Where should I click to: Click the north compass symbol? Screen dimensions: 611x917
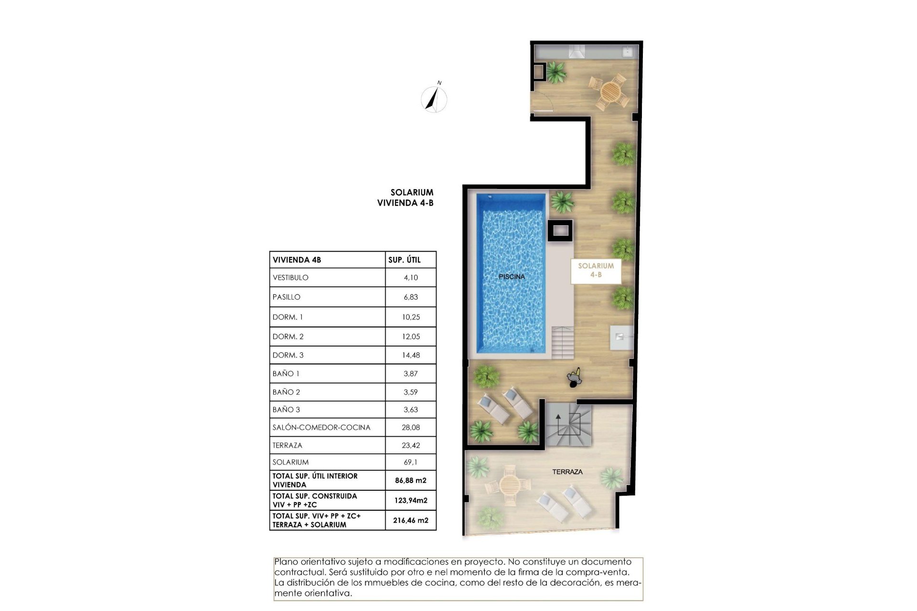pyautogui.click(x=434, y=99)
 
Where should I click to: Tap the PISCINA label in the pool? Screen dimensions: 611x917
pyautogui.click(x=512, y=277)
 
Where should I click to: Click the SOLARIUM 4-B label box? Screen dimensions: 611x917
pyautogui.click(x=596, y=271)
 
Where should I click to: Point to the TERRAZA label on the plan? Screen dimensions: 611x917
pyautogui.click(x=567, y=472)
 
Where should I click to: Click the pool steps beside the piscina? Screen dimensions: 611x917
pyautogui.click(x=563, y=342)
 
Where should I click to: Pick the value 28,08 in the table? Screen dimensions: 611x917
pyautogui.click(x=411, y=427)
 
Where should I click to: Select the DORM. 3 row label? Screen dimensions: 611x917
pyautogui.click(x=288, y=355)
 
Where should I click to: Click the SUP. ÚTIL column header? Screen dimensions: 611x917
pyautogui.click(x=404, y=260)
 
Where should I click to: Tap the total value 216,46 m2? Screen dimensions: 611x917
pyautogui.click(x=410, y=520)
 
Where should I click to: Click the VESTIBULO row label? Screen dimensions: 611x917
pyautogui.click(x=290, y=278)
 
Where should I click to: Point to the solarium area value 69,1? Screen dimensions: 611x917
pyautogui.click(x=411, y=462)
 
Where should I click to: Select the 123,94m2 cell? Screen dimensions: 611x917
pyautogui.click(x=411, y=500)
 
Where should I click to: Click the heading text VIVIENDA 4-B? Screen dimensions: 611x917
pyautogui.click(x=405, y=203)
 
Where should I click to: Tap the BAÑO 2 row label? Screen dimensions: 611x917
pyautogui.click(x=286, y=392)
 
